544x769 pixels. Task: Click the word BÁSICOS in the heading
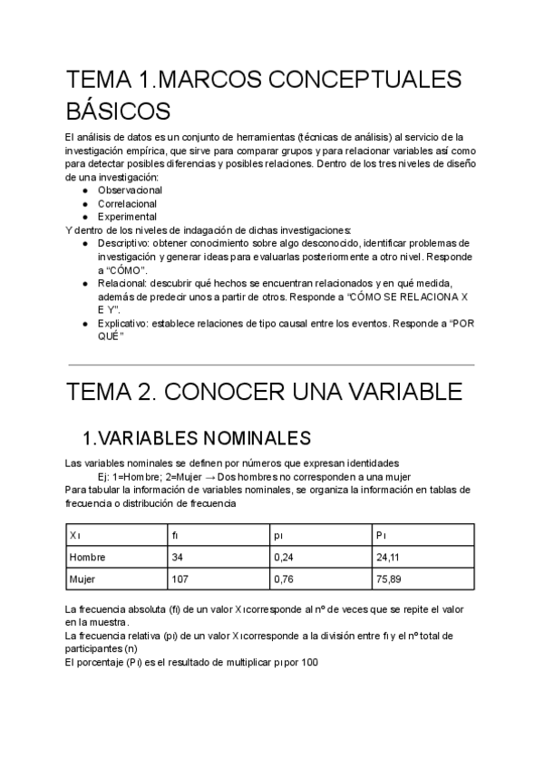coord(118,112)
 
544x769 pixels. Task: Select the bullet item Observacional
coord(130,191)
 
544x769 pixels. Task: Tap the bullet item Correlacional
coord(127,204)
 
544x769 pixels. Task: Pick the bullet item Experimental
coord(126,217)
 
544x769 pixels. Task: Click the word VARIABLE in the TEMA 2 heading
coord(392,393)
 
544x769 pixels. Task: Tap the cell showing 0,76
coord(283,578)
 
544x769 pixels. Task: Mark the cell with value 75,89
coord(388,578)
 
